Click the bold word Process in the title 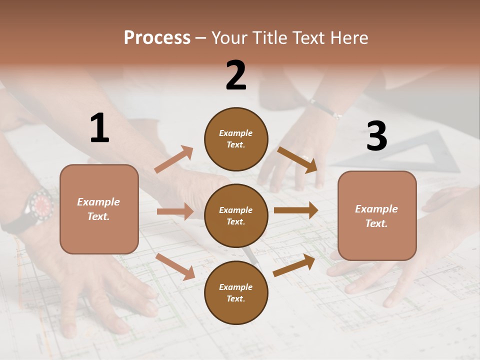(x=157, y=37)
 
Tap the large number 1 (x=99, y=128)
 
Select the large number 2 (x=236, y=75)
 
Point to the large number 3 (x=376, y=136)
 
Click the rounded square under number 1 (x=99, y=209)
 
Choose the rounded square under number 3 (x=377, y=215)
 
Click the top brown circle (x=236, y=139)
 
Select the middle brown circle (x=236, y=215)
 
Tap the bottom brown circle (x=236, y=292)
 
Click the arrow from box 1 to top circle (x=173, y=159)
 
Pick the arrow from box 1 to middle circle (x=175, y=211)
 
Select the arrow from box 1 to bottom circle (x=175, y=266)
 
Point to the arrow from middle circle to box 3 (x=296, y=210)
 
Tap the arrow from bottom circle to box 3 (x=294, y=265)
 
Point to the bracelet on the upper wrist (x=325, y=108)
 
